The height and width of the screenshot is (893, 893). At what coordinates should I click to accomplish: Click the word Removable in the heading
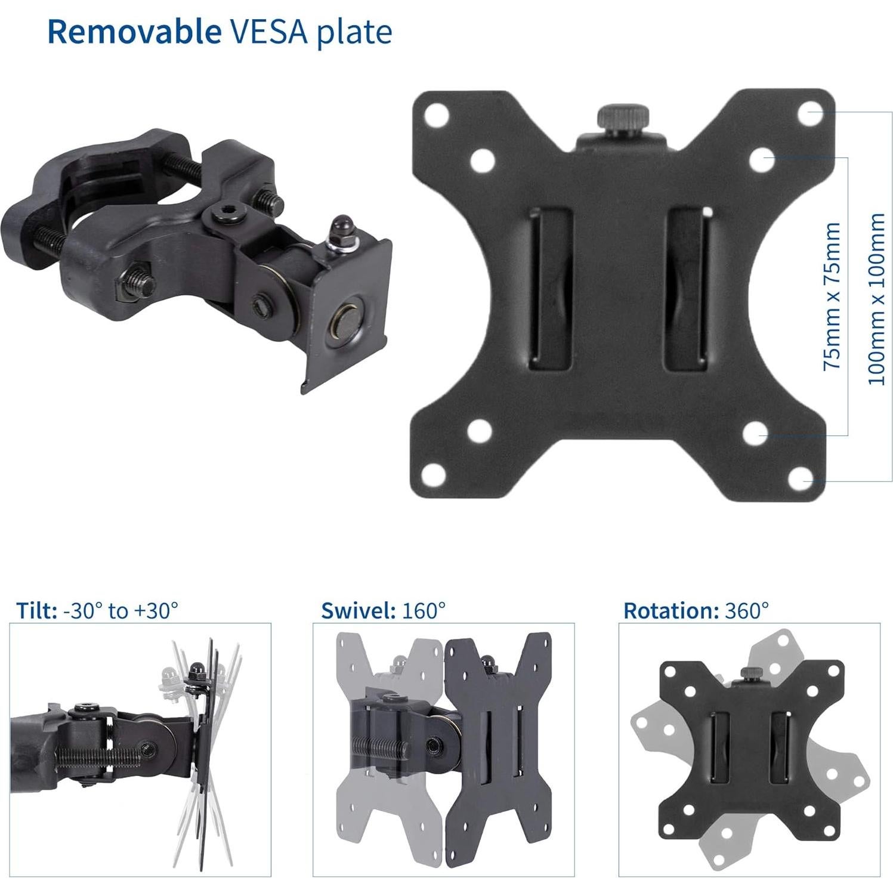(x=134, y=32)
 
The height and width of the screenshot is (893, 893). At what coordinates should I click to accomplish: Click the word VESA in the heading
(x=268, y=32)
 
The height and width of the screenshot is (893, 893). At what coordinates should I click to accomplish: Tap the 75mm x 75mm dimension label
(x=832, y=296)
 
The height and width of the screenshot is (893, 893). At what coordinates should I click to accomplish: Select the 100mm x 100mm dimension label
(x=876, y=298)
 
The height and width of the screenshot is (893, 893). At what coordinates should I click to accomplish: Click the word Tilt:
(x=36, y=610)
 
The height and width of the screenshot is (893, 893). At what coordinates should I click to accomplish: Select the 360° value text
(x=747, y=610)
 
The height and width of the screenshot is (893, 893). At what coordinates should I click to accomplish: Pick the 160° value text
(x=424, y=610)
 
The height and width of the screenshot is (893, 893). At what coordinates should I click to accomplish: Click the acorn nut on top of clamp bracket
(x=342, y=226)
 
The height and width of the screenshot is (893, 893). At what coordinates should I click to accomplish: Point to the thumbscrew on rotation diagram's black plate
(x=747, y=675)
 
